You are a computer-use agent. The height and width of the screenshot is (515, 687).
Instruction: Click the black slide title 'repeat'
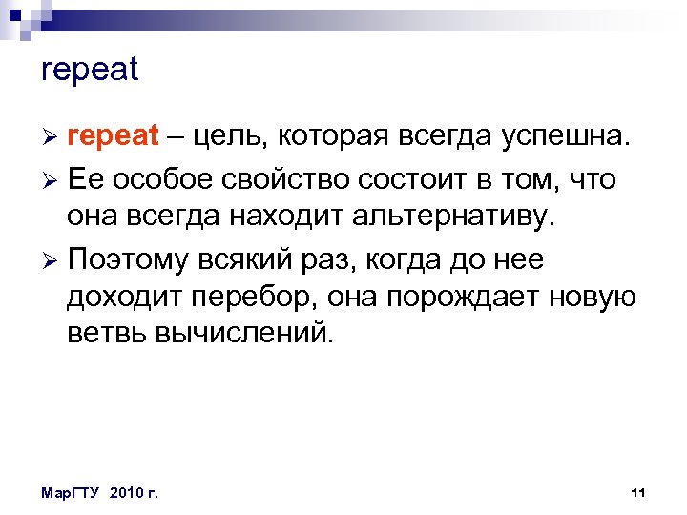tap(91, 71)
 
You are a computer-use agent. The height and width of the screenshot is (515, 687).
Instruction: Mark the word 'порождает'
tap(464, 299)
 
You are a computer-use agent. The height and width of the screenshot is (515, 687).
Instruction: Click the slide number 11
tap(639, 492)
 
